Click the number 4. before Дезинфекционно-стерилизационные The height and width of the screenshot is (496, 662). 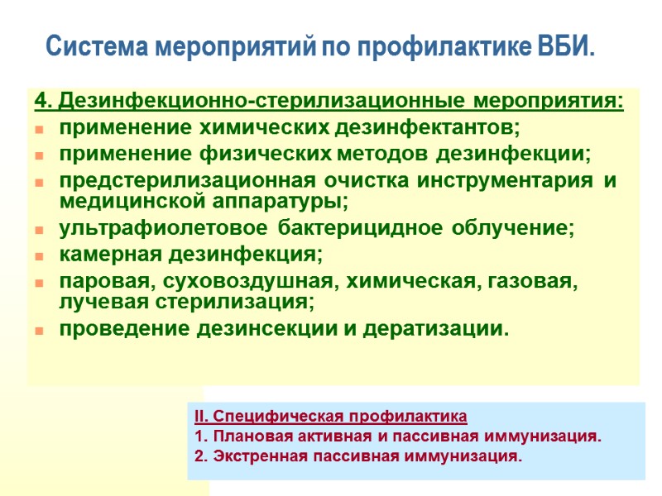point(43,102)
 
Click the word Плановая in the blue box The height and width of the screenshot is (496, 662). point(240,436)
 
